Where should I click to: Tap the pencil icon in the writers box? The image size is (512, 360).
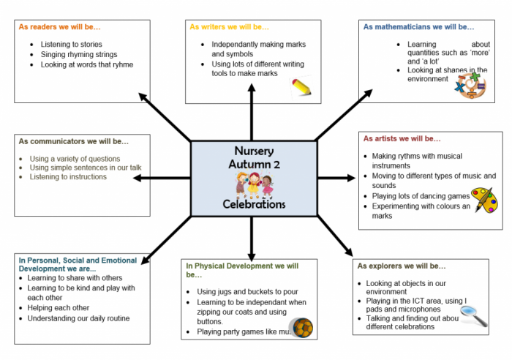click(304, 89)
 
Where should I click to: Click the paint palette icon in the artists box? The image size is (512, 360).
click(483, 199)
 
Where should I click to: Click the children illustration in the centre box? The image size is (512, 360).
click(254, 184)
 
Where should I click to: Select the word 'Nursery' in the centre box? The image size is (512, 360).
click(254, 151)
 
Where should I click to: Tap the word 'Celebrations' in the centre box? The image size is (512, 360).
click(254, 204)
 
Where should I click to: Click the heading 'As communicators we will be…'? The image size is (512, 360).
click(74, 140)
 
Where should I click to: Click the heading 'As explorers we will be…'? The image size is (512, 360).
click(402, 265)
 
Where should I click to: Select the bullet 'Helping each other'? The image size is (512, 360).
click(59, 308)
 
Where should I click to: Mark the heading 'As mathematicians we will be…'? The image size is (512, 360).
click(418, 26)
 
